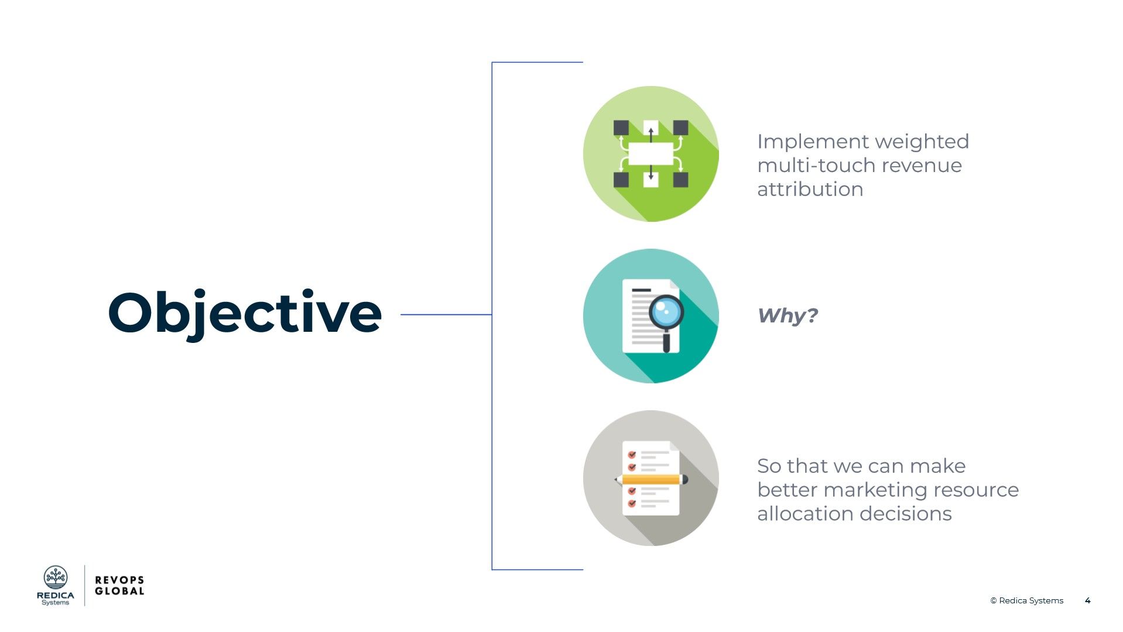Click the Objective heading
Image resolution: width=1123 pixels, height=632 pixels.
coord(245,313)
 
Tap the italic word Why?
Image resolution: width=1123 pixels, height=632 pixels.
coord(787,315)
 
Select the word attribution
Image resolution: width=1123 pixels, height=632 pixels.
coord(810,190)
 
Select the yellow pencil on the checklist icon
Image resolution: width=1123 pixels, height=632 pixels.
coord(651,479)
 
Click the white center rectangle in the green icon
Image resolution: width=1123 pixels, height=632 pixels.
coord(650,154)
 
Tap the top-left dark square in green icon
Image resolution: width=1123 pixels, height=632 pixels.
coord(621,128)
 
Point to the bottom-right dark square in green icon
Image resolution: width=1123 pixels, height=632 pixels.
coord(680,180)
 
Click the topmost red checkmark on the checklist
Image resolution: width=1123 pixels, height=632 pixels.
coord(632,455)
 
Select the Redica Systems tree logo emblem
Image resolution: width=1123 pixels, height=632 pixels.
coord(56,578)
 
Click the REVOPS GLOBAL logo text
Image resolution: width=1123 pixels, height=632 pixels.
coord(119,585)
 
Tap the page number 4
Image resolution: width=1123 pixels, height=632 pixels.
coord(1087,600)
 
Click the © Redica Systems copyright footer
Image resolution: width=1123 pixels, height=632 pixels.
coord(1026,600)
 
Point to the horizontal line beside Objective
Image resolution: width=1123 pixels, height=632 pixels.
coord(445,314)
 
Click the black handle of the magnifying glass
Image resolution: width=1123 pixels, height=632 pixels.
coord(666,342)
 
